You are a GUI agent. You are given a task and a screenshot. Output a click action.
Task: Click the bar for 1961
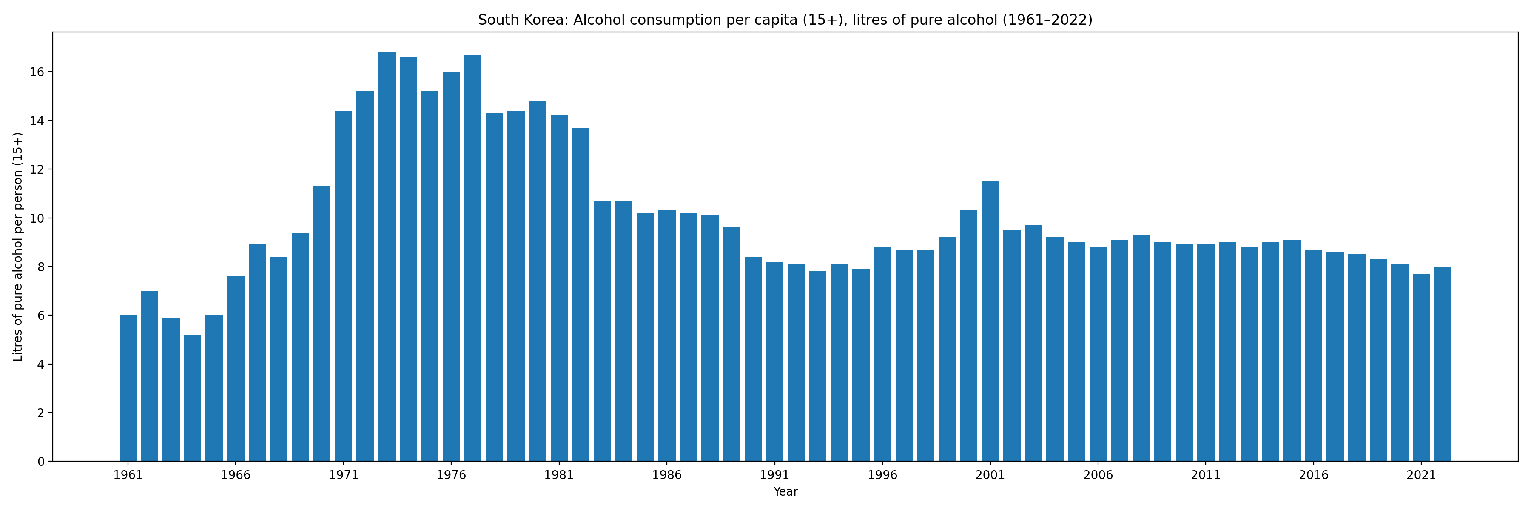coord(128,388)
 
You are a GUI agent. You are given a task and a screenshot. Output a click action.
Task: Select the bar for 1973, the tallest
coord(386,256)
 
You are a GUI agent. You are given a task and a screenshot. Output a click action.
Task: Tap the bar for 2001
coord(990,321)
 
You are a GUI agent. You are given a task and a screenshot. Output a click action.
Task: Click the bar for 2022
coord(1443,364)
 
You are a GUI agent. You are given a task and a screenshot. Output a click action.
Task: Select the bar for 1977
coord(472,258)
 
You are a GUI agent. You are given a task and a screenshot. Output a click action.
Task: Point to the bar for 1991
coord(774,361)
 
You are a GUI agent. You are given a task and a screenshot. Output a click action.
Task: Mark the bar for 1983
coord(602,331)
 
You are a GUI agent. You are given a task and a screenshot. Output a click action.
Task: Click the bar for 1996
coord(882,354)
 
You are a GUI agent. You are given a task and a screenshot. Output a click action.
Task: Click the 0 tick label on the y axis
coord(40,462)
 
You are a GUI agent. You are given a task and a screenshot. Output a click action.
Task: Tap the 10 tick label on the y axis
coord(37,218)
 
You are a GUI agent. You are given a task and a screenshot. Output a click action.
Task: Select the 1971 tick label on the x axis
coord(344,475)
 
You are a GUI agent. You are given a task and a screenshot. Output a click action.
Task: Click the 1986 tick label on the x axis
coord(667,475)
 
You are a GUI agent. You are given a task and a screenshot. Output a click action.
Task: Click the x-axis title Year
coord(785,492)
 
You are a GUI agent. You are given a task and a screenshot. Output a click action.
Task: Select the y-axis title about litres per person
coord(18,246)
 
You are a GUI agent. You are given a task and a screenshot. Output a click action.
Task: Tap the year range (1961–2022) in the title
coord(1047,20)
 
